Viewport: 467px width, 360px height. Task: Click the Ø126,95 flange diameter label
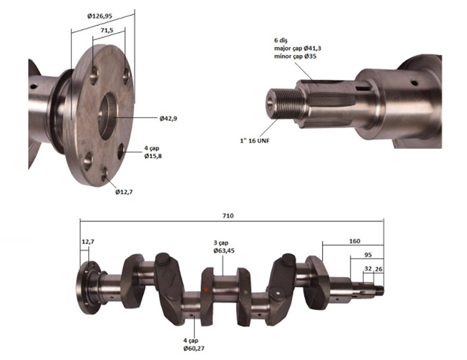(x=100, y=16)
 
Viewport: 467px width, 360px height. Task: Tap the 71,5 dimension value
(x=107, y=31)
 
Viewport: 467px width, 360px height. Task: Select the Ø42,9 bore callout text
(x=168, y=118)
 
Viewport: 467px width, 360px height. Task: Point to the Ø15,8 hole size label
(x=153, y=156)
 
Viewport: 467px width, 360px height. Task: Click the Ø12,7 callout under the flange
(x=124, y=192)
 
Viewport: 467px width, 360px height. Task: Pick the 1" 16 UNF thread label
(x=254, y=141)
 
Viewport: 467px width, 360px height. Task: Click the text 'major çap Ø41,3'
(x=298, y=49)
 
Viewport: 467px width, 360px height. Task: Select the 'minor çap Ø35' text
(x=295, y=56)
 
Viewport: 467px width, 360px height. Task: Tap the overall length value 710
(x=228, y=215)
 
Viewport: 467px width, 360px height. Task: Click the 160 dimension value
(x=354, y=241)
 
